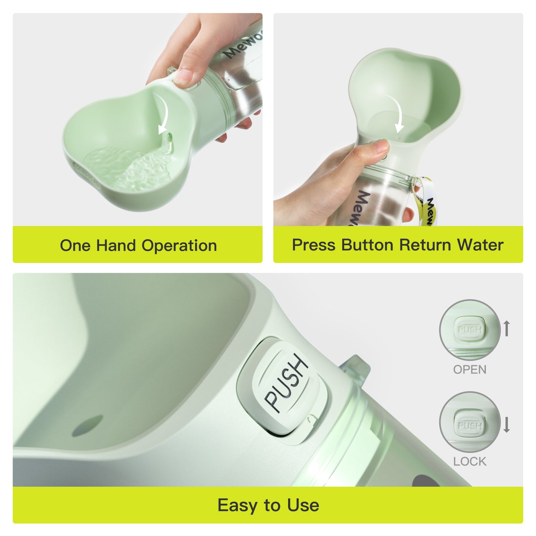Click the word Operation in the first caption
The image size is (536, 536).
pos(179,246)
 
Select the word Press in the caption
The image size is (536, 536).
pos(314,245)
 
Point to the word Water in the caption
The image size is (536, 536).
pos(480,245)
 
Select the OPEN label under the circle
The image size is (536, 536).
pos(470,369)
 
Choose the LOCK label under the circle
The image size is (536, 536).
pos(470,461)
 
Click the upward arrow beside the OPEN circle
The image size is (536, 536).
pos(507,328)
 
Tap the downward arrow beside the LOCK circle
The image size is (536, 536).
pos(507,425)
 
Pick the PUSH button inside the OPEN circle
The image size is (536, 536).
pos(470,329)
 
